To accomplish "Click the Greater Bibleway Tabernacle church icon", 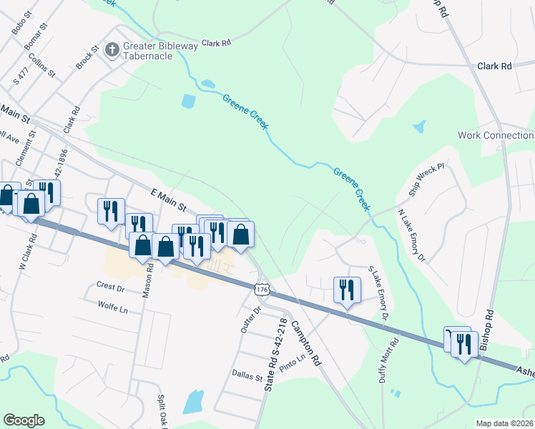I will (112, 49).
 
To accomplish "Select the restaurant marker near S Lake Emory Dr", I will (346, 290).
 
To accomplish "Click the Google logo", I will (24, 420).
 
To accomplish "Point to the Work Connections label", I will (496, 135).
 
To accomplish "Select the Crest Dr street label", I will (110, 286).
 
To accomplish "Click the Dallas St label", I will (247, 373).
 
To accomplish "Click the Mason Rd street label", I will (147, 280).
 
